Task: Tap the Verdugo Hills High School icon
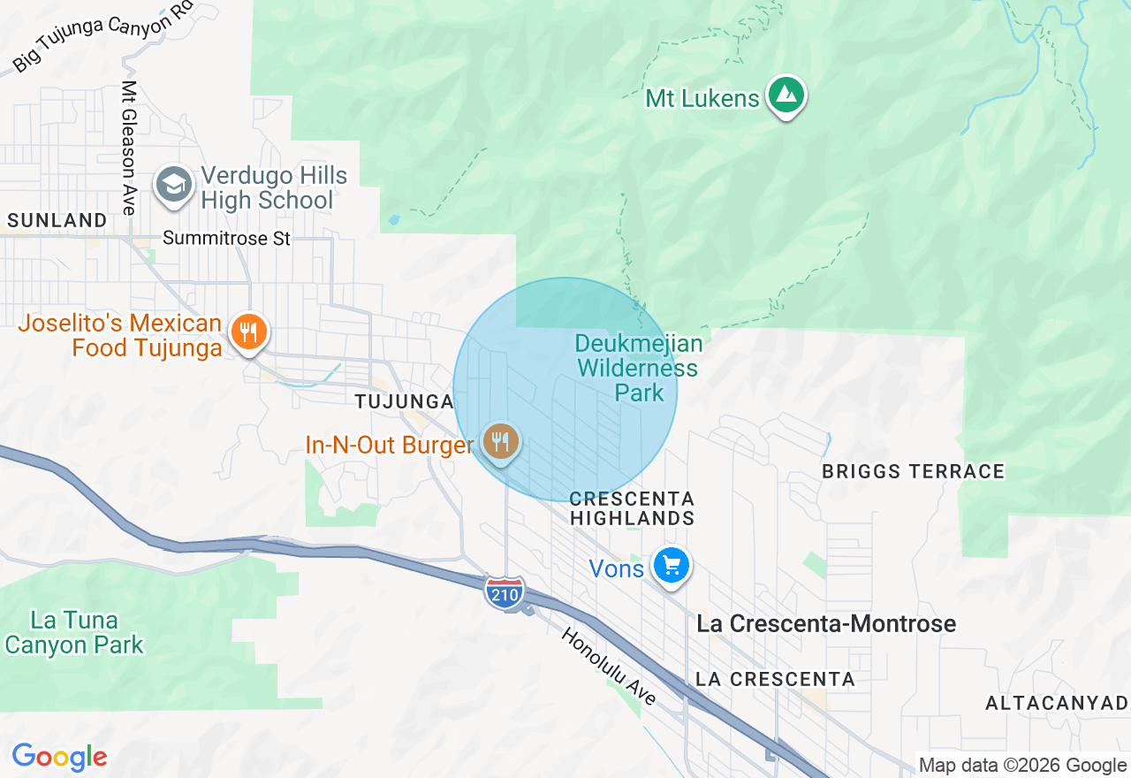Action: click(x=175, y=186)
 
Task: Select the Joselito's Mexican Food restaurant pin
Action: click(x=249, y=333)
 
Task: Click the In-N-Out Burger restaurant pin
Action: click(x=501, y=441)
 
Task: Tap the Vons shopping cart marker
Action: click(x=671, y=565)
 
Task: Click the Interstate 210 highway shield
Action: click(x=505, y=591)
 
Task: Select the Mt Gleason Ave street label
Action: click(x=129, y=148)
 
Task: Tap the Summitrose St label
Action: click(x=227, y=239)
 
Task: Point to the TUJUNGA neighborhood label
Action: click(x=404, y=402)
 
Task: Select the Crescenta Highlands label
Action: click(x=633, y=508)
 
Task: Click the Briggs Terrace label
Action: click(x=913, y=471)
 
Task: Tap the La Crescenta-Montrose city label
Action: click(x=826, y=623)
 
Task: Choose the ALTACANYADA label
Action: click(x=1057, y=703)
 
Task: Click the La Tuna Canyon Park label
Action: click(x=74, y=632)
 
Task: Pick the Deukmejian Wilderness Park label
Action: click(x=638, y=368)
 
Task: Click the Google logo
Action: click(x=59, y=757)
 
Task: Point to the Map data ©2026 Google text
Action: click(x=1022, y=765)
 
